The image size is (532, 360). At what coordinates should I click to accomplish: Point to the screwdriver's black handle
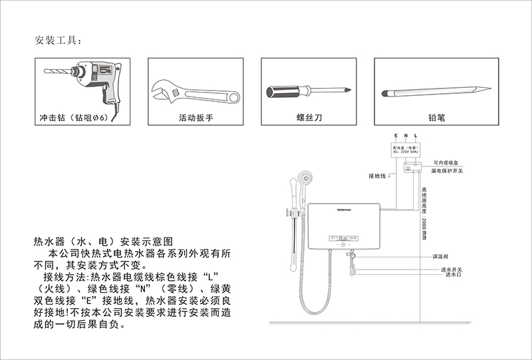coord(285,90)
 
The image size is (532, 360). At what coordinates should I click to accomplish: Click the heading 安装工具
coord(58,41)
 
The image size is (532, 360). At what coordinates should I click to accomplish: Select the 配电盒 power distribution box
coord(405,149)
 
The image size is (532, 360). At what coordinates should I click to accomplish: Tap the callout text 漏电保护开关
coord(451,171)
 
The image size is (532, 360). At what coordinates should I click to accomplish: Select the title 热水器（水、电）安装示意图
coord(103,241)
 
